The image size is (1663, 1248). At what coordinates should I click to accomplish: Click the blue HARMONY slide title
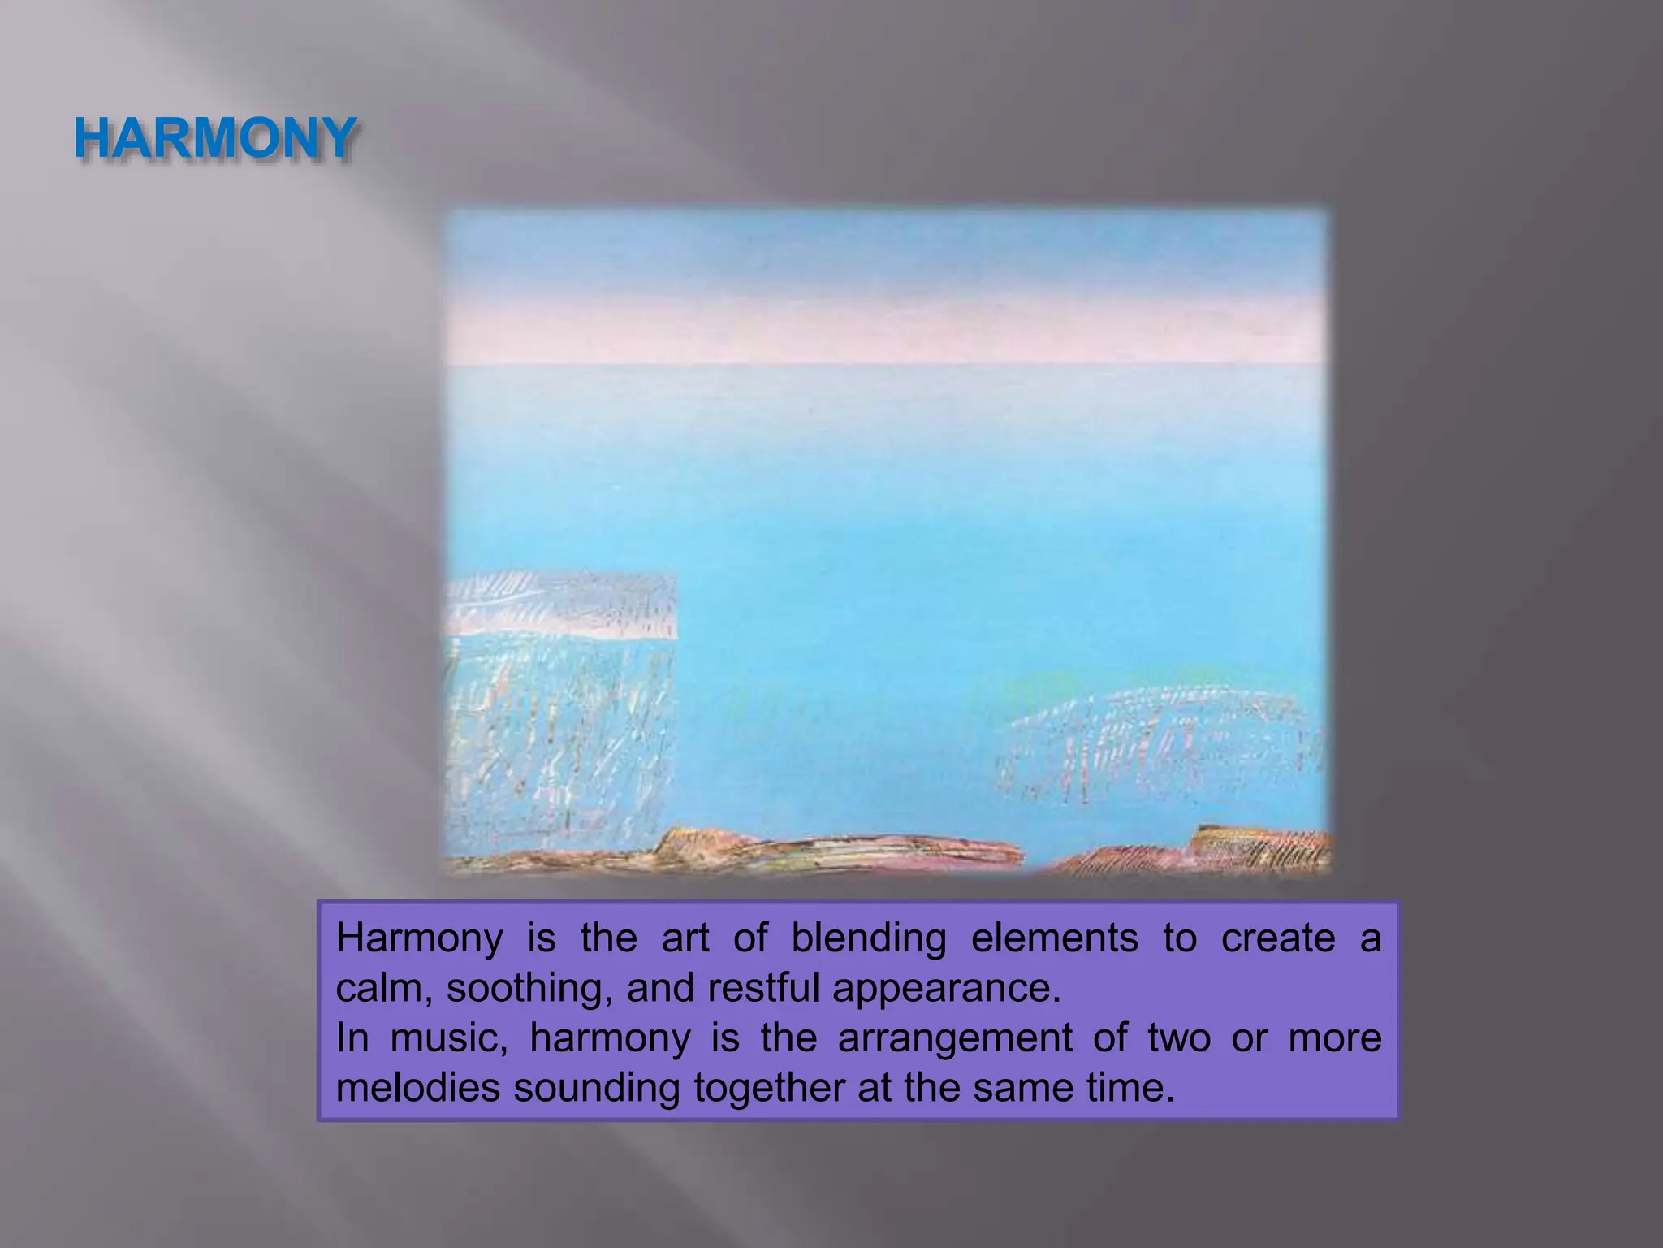pyautogui.click(x=214, y=138)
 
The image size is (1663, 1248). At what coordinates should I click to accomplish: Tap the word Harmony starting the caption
pyautogui.click(x=419, y=939)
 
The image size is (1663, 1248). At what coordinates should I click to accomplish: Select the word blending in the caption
pyautogui.click(x=868, y=939)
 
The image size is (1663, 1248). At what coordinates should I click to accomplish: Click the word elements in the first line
pyautogui.click(x=1054, y=939)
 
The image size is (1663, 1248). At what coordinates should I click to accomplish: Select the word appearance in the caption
pyautogui.click(x=946, y=989)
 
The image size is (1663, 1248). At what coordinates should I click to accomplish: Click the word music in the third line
pyautogui.click(x=448, y=1039)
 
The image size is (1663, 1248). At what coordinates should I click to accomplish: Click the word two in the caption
pyautogui.click(x=1179, y=1039)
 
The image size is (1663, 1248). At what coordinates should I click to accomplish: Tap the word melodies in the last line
pyautogui.click(x=417, y=1089)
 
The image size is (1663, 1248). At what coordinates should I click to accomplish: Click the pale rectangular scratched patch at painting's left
pyautogui.click(x=560, y=699)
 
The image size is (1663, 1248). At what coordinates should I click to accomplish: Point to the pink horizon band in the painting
pyautogui.click(x=885, y=333)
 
